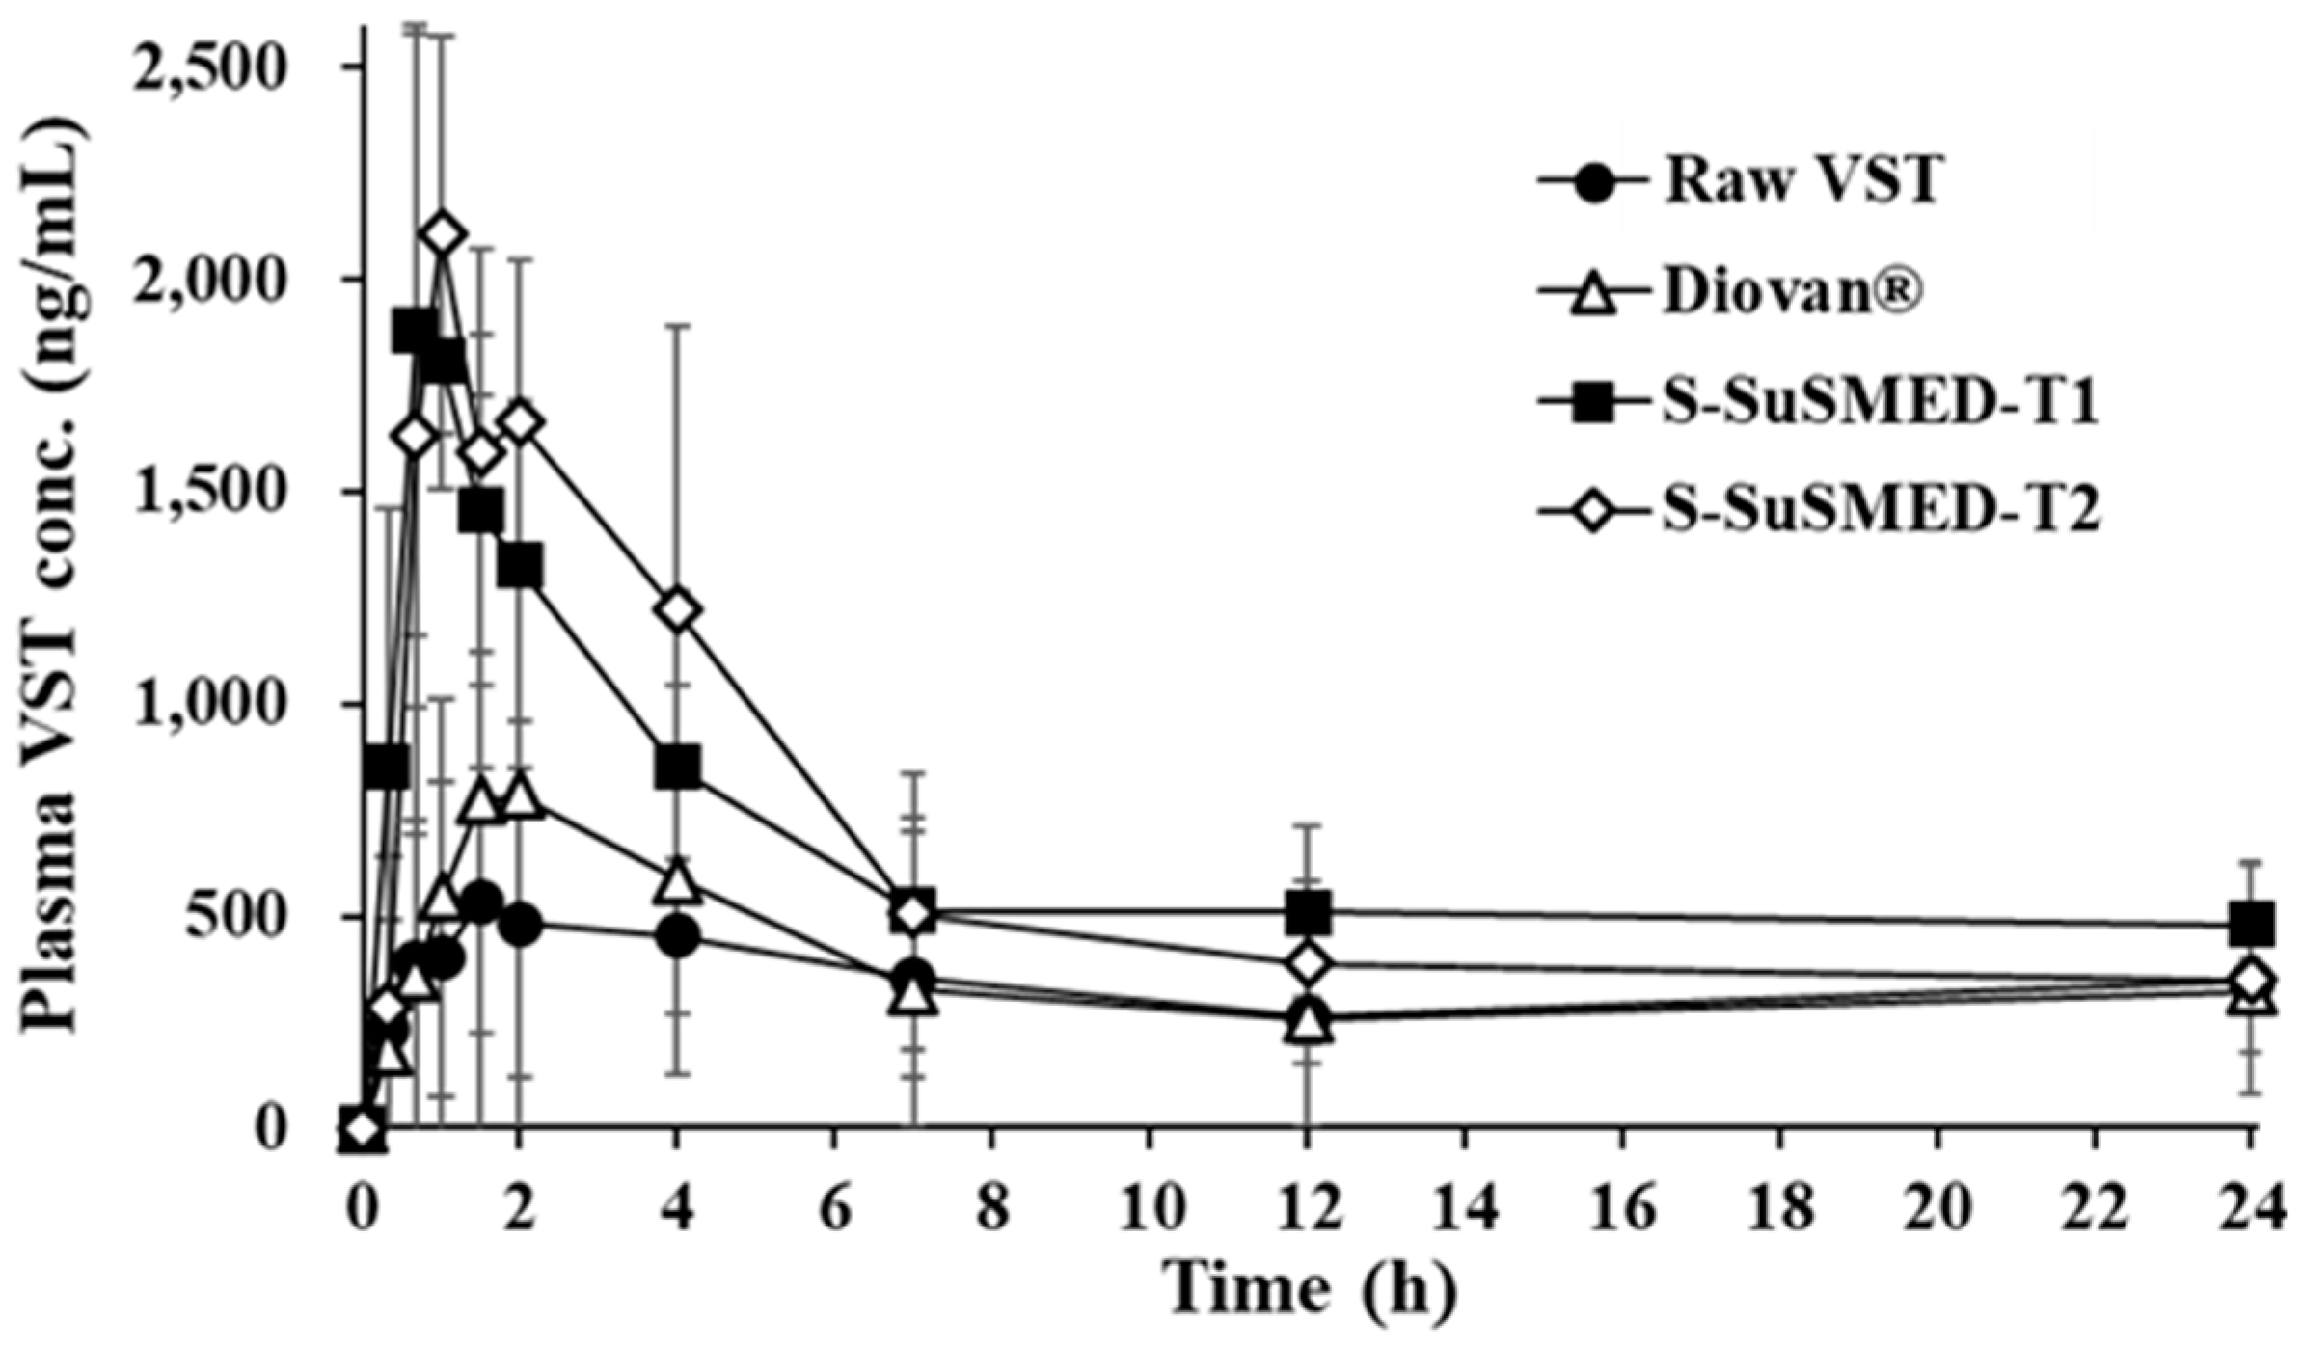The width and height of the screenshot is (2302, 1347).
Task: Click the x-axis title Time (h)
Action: pyautogui.click(x=1306, y=1291)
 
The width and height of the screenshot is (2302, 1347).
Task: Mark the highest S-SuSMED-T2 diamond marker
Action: pyautogui.click(x=443, y=234)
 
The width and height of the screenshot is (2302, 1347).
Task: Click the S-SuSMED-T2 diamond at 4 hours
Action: pyautogui.click(x=677, y=610)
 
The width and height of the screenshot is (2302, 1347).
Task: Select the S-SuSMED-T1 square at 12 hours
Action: pyautogui.click(x=1308, y=911)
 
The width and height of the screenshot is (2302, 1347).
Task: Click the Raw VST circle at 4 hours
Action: pyautogui.click(x=677, y=935)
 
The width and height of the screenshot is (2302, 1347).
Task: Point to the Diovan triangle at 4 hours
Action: pyautogui.click(x=677, y=883)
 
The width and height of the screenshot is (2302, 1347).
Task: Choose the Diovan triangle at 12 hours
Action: pyautogui.click(x=1308, y=1023)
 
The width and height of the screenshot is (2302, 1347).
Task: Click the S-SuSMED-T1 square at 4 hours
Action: pyautogui.click(x=677, y=767)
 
